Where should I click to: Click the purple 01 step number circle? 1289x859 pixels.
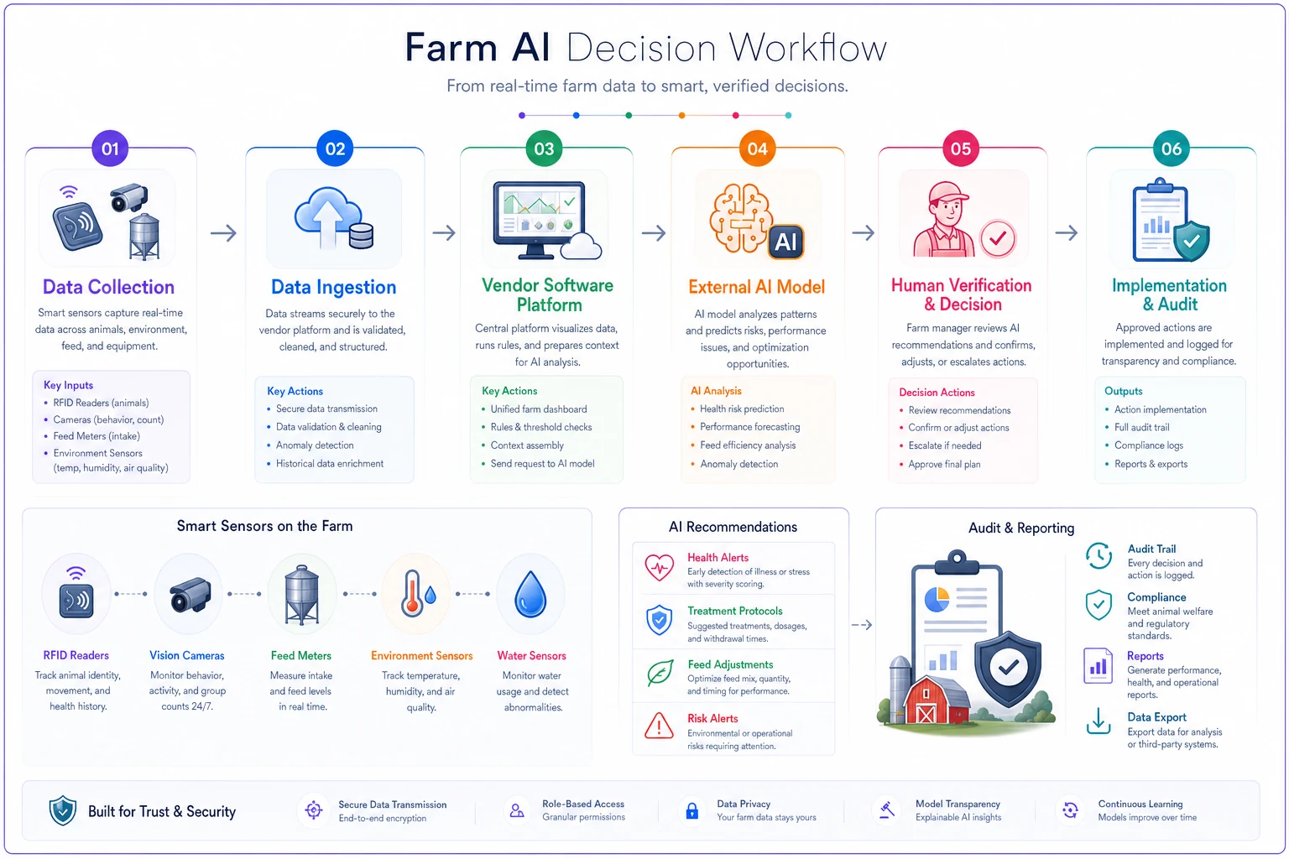coord(110,148)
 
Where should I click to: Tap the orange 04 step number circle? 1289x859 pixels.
coord(757,148)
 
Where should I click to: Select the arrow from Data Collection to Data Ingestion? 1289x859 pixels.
coord(223,233)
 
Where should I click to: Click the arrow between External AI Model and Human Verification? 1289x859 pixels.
coord(864,233)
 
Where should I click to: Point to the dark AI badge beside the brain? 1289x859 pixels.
coord(786,242)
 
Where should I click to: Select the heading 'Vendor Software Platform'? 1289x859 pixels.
coord(547,294)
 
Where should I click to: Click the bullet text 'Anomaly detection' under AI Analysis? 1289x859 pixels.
coord(738,464)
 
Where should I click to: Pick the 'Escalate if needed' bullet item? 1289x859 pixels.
coord(944,445)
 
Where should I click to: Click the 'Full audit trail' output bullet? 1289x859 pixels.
coord(1141,427)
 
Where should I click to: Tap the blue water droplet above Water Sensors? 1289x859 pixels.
coord(530,594)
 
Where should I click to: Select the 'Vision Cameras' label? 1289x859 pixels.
coord(187,655)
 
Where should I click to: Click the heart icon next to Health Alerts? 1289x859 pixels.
coord(659,567)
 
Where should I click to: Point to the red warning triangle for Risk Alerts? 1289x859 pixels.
coord(659,726)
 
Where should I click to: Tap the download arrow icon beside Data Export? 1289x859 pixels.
coord(1098,721)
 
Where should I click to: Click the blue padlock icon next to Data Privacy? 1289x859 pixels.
coord(692,811)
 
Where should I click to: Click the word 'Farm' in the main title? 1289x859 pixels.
coord(451,47)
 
